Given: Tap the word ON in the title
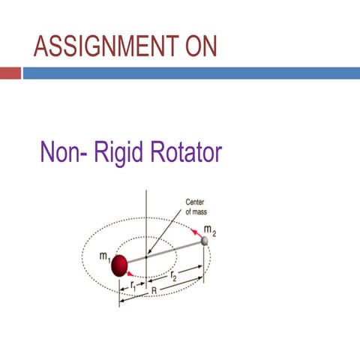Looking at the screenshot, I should (x=196, y=47).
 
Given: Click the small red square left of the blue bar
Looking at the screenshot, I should (x=10, y=73).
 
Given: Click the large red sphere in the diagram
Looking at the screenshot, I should (x=120, y=265).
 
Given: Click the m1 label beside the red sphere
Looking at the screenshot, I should (x=104, y=256).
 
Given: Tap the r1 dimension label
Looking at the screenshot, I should (x=133, y=285).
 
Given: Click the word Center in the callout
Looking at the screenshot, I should (x=195, y=202).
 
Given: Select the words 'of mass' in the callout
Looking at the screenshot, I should (x=196, y=212).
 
